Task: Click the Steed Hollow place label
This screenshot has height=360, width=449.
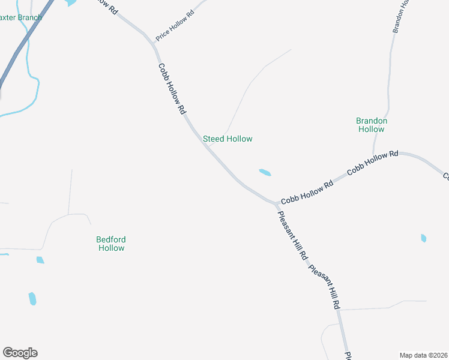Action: tap(228, 139)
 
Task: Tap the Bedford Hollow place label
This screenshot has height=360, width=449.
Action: tap(111, 243)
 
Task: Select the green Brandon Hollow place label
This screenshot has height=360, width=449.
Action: tap(372, 125)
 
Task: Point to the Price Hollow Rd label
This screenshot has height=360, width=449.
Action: tap(175, 26)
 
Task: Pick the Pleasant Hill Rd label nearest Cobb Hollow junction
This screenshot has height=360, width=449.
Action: tap(292, 235)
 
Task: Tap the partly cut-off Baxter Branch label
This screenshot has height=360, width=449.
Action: tap(21, 17)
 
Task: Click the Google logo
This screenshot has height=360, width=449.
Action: tap(20, 353)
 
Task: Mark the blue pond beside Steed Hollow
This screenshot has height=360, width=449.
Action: tap(265, 173)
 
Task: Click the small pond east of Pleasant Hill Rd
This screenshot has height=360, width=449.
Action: tap(424, 238)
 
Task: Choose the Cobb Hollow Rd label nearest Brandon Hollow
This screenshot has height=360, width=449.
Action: tap(372, 163)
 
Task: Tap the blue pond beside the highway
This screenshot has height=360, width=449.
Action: tap(71, 3)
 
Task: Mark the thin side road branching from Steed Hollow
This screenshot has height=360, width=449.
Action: tap(240, 102)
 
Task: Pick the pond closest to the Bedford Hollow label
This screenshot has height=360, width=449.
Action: tap(40, 260)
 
